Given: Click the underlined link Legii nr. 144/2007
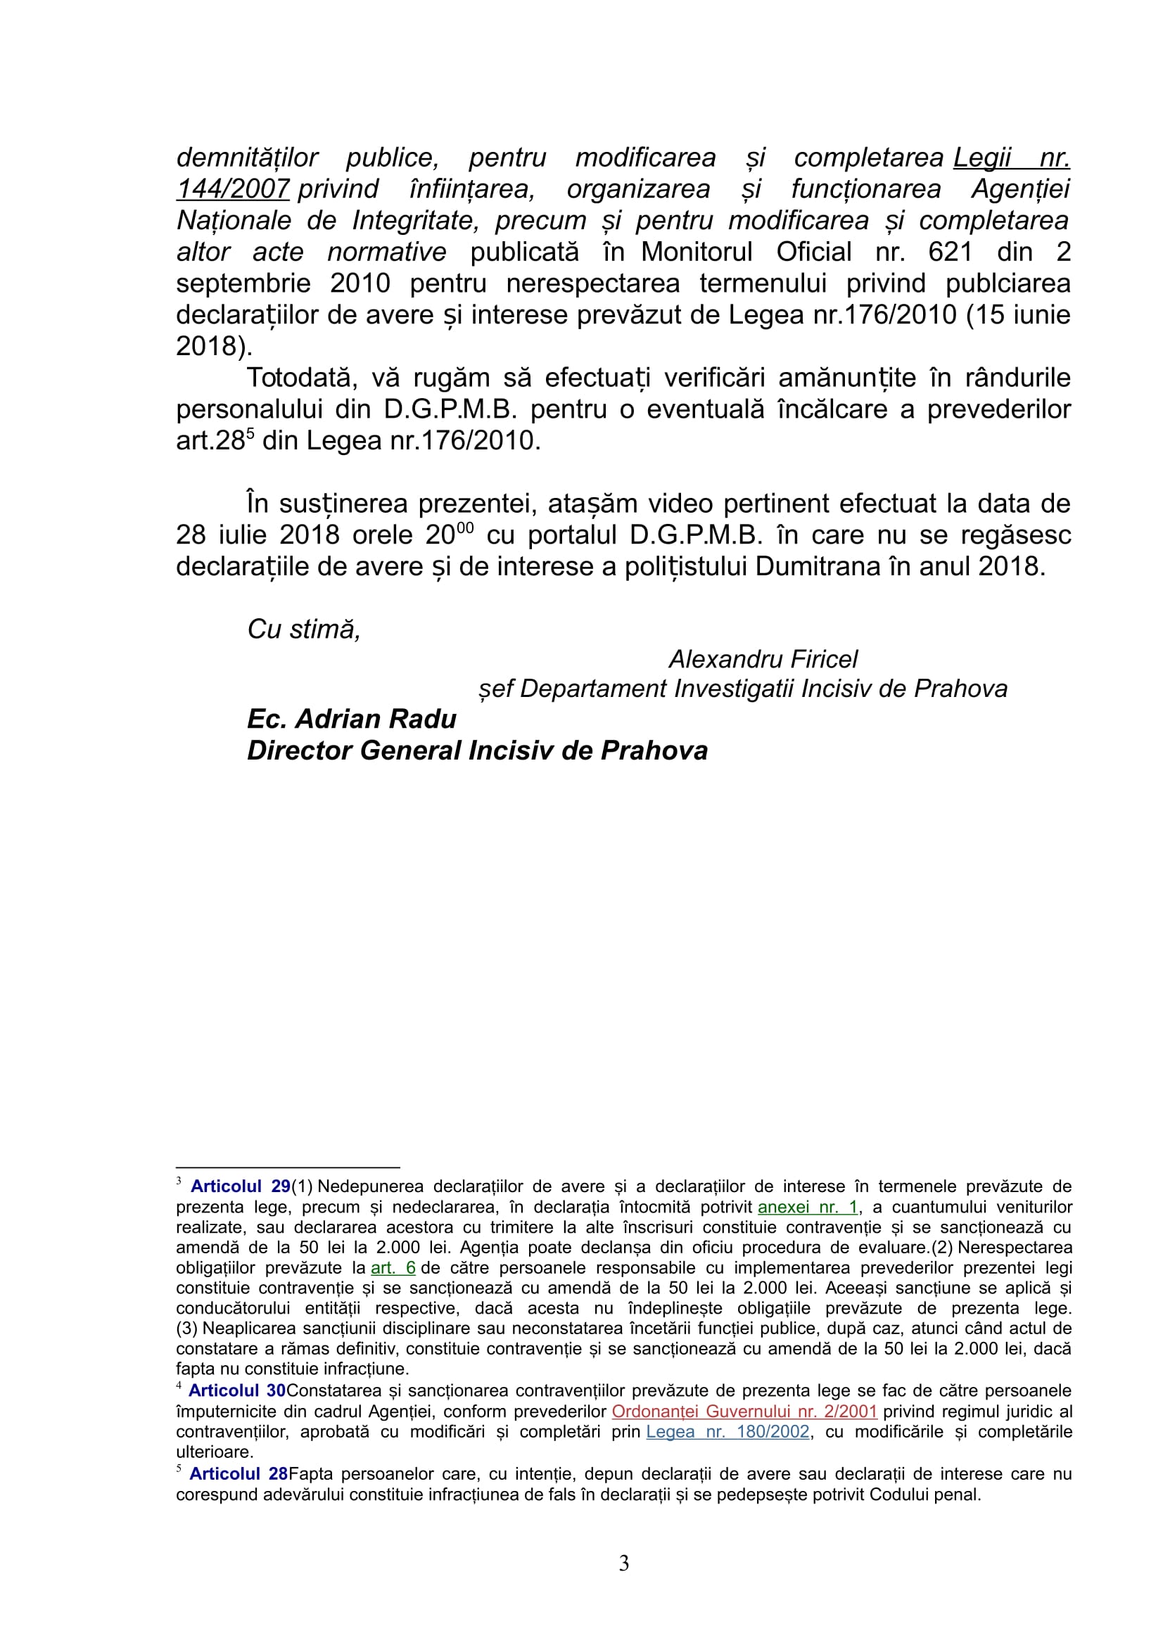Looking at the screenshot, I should pos(1010,158).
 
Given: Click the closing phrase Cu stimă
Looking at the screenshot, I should pos(304,629).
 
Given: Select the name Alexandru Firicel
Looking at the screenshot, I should pos(763,659).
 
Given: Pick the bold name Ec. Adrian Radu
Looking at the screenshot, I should pos(352,719).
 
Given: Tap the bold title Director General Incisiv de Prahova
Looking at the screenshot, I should pos(477,751).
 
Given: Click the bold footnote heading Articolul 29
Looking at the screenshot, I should pos(240,1186).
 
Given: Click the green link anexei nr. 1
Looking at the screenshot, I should pos(808,1208).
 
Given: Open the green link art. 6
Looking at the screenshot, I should pos(393,1268).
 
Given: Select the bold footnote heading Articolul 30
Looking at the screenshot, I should pos(237,1390).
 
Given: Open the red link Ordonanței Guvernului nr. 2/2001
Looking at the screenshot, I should pos(744,1412).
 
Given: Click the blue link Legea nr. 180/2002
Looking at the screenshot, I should pos(727,1431).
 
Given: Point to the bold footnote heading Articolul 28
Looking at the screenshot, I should pos(239,1474).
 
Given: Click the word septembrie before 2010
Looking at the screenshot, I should pos(243,283).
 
